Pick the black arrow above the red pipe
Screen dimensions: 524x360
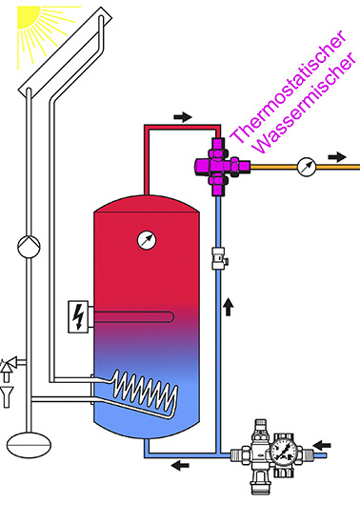pyautogui.click(x=183, y=117)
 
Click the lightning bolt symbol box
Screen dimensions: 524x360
pyautogui.click(x=73, y=316)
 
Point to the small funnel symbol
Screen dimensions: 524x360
pyautogui.click(x=9, y=391)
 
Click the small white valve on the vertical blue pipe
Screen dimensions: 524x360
pyautogui.click(x=217, y=258)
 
